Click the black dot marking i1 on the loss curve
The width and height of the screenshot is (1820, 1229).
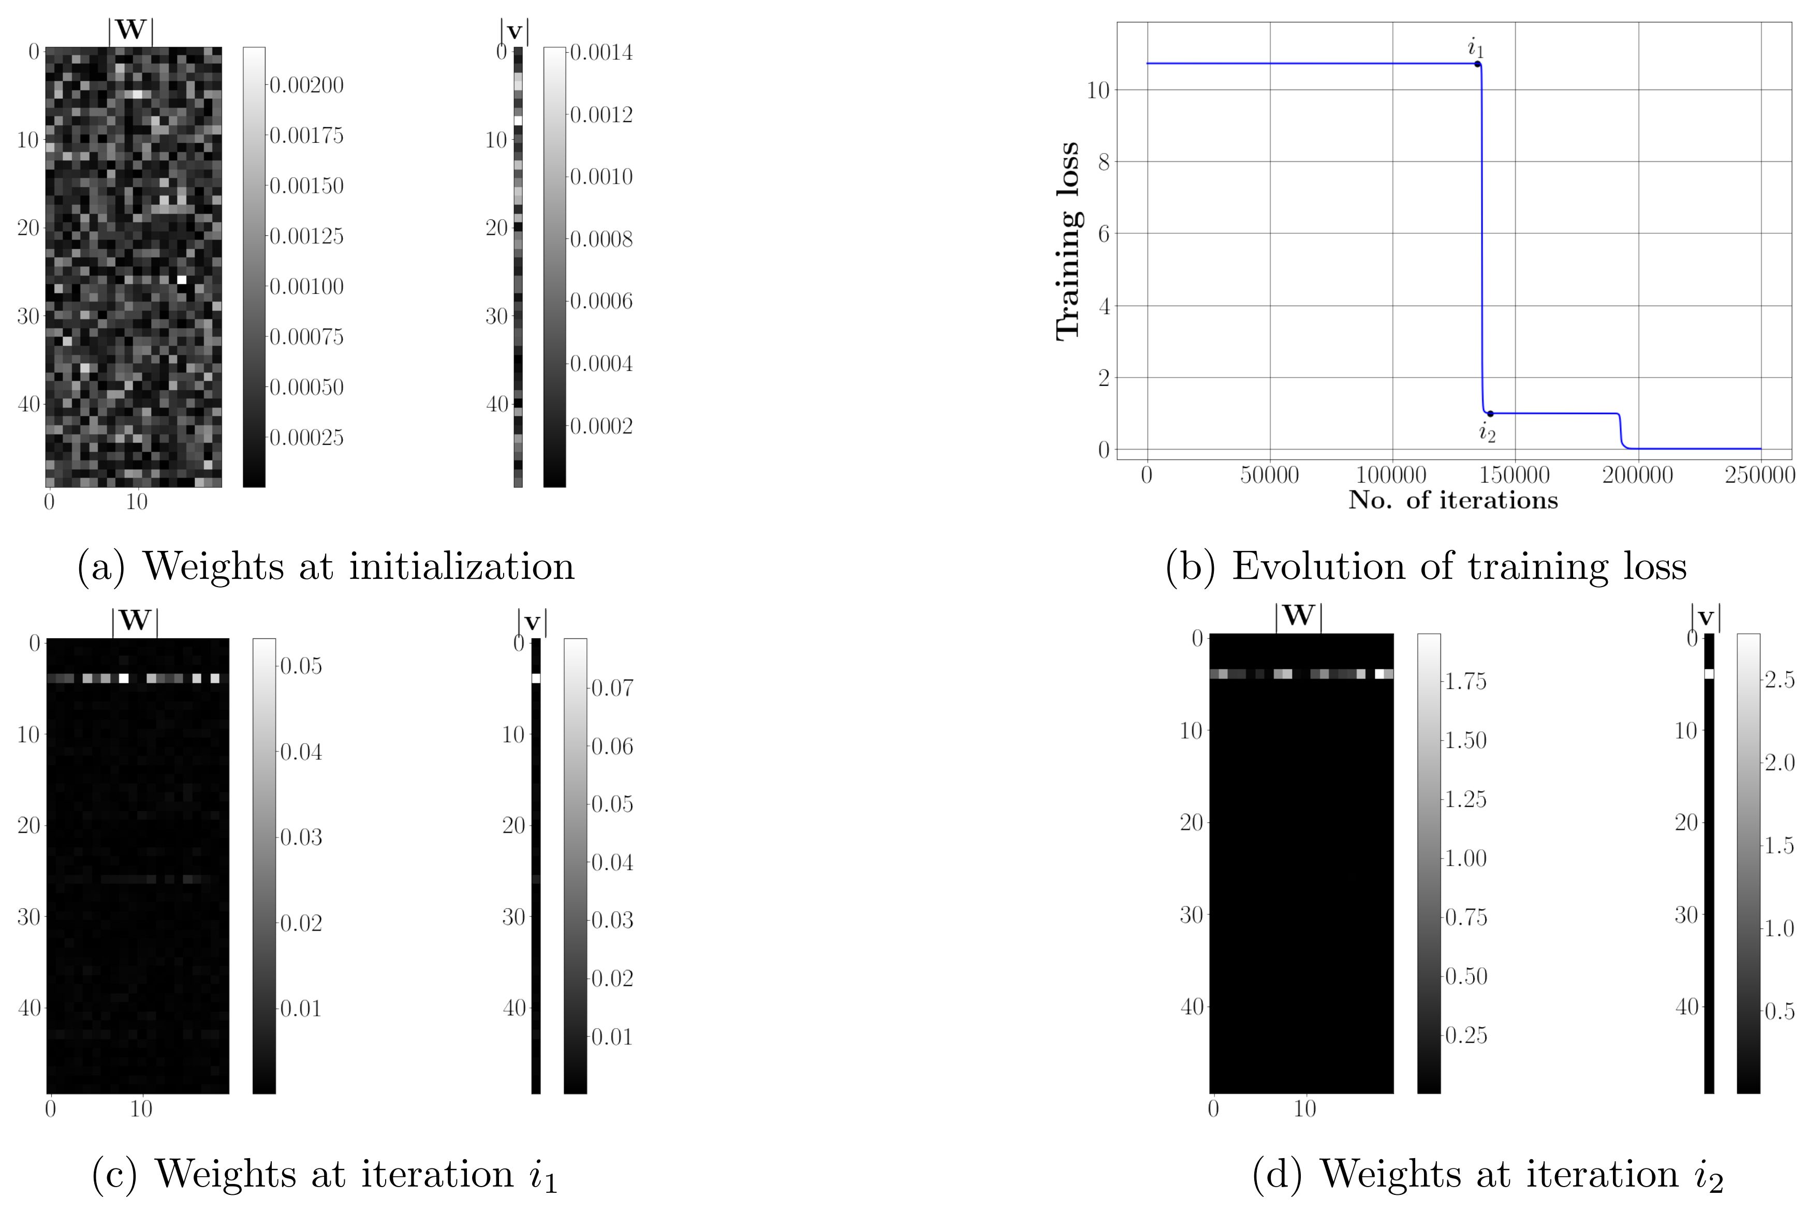tap(1477, 64)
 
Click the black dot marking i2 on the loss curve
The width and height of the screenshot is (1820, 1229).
tap(1490, 413)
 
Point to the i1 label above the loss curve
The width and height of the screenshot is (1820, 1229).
tap(1475, 47)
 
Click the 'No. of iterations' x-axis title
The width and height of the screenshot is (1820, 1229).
tap(1452, 500)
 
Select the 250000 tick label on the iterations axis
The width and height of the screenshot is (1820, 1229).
tap(1760, 475)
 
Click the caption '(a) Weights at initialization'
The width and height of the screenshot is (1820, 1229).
tap(326, 566)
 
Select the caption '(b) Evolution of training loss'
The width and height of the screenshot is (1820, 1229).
tap(1425, 566)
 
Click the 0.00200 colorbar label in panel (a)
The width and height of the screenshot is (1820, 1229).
tap(306, 85)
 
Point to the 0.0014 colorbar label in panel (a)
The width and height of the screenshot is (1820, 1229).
tap(600, 52)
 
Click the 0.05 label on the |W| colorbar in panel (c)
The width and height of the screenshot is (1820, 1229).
tap(301, 666)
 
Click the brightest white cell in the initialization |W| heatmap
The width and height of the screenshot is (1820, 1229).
tap(182, 279)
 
